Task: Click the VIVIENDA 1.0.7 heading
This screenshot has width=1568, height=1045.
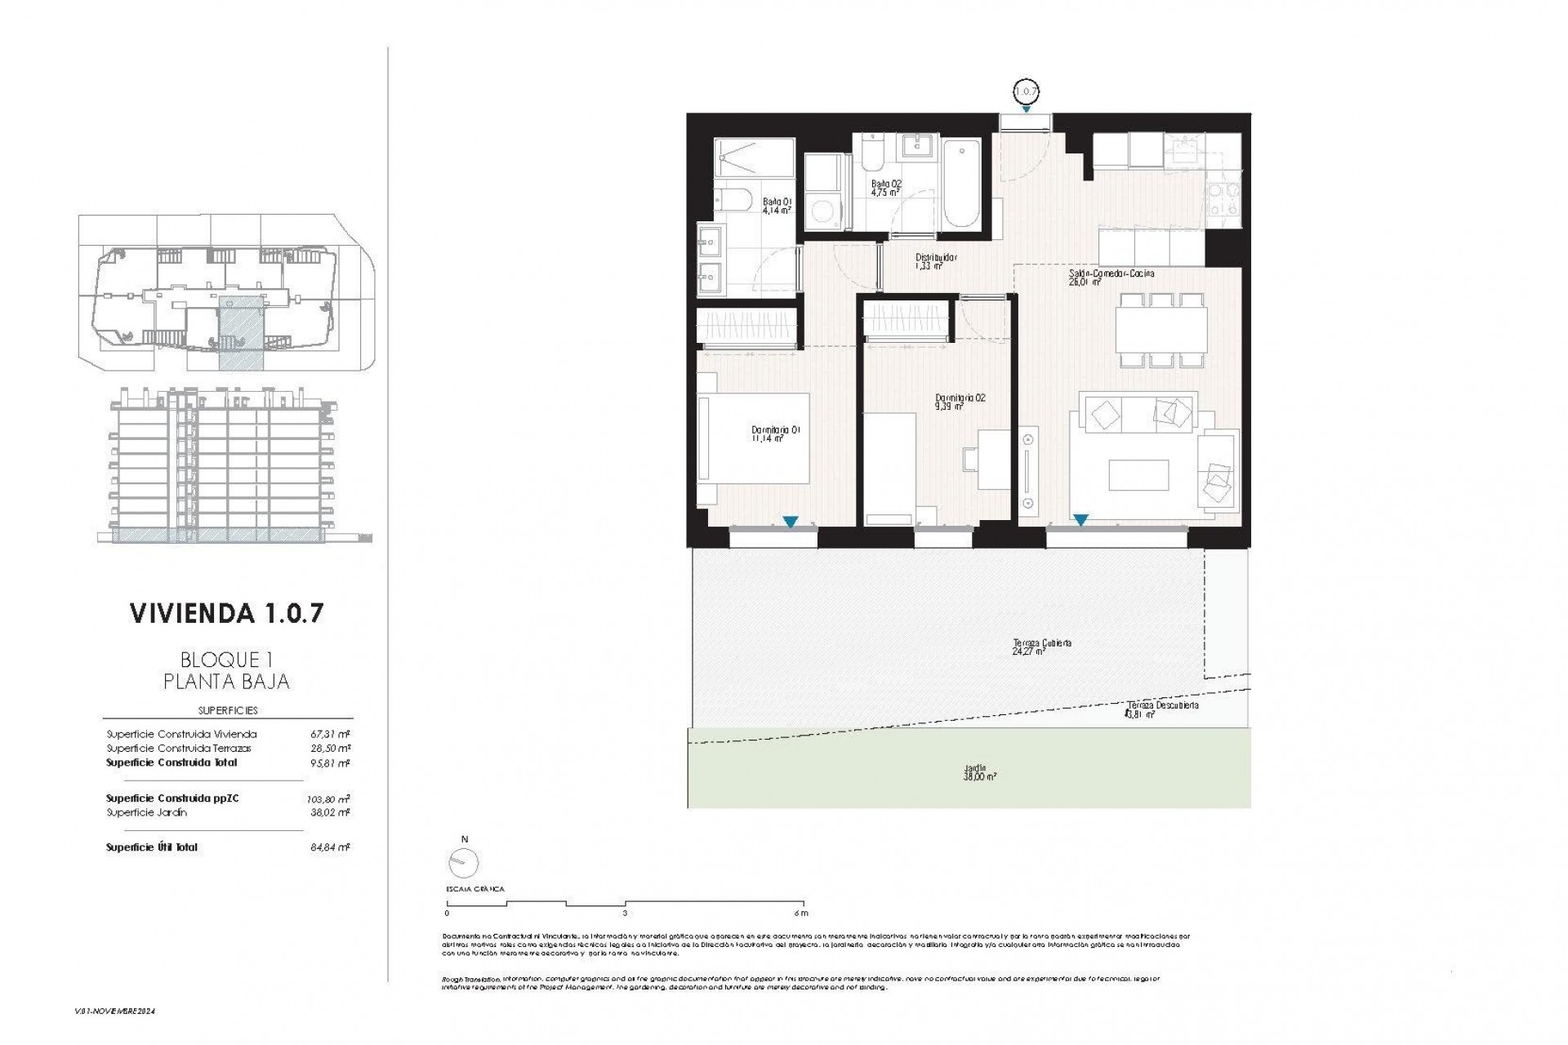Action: coord(226,614)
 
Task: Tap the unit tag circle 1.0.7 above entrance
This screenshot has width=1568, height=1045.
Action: coord(1026,91)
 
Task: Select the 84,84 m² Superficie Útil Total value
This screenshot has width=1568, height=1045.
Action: coord(333,847)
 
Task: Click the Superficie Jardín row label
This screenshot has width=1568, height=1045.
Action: coord(146,813)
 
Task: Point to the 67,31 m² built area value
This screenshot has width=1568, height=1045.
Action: coord(333,734)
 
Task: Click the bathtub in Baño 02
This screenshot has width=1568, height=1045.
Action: coord(960,185)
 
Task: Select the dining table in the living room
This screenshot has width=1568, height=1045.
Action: coord(1160,330)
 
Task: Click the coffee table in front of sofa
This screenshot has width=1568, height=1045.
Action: coord(1138,475)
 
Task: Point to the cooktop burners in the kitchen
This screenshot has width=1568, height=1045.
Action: coord(1223,200)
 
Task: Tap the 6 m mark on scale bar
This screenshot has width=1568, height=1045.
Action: coord(800,913)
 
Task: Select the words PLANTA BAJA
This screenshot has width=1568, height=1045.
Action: coord(226,681)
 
